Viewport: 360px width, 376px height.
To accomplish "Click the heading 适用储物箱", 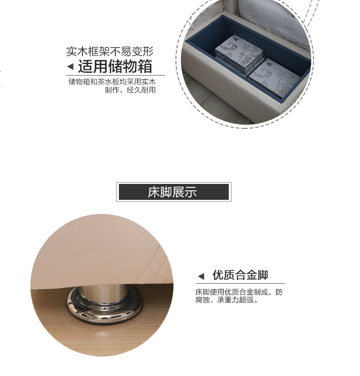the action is coord(115,66).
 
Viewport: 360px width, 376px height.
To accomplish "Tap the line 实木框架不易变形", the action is coord(110,51).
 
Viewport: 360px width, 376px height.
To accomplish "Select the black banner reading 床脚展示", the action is coord(174,192).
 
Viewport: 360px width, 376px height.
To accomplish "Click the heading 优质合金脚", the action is coord(240,275).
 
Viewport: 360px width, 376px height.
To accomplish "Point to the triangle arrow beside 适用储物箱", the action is coord(70,66).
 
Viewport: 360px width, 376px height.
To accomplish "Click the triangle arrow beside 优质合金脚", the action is coord(201,276).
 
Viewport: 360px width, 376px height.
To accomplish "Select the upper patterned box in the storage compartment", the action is coord(239,54).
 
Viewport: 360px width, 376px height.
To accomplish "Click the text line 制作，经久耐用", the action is coord(130,90).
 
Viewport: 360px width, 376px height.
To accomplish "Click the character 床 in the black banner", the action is coord(154,192).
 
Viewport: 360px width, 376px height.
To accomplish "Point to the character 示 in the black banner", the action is coord(191,192).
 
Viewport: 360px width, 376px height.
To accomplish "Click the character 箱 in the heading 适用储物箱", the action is coord(145,66).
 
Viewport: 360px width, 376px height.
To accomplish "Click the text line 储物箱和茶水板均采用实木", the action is coord(112,82).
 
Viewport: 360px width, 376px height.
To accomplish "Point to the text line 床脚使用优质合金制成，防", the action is coord(239,292).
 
